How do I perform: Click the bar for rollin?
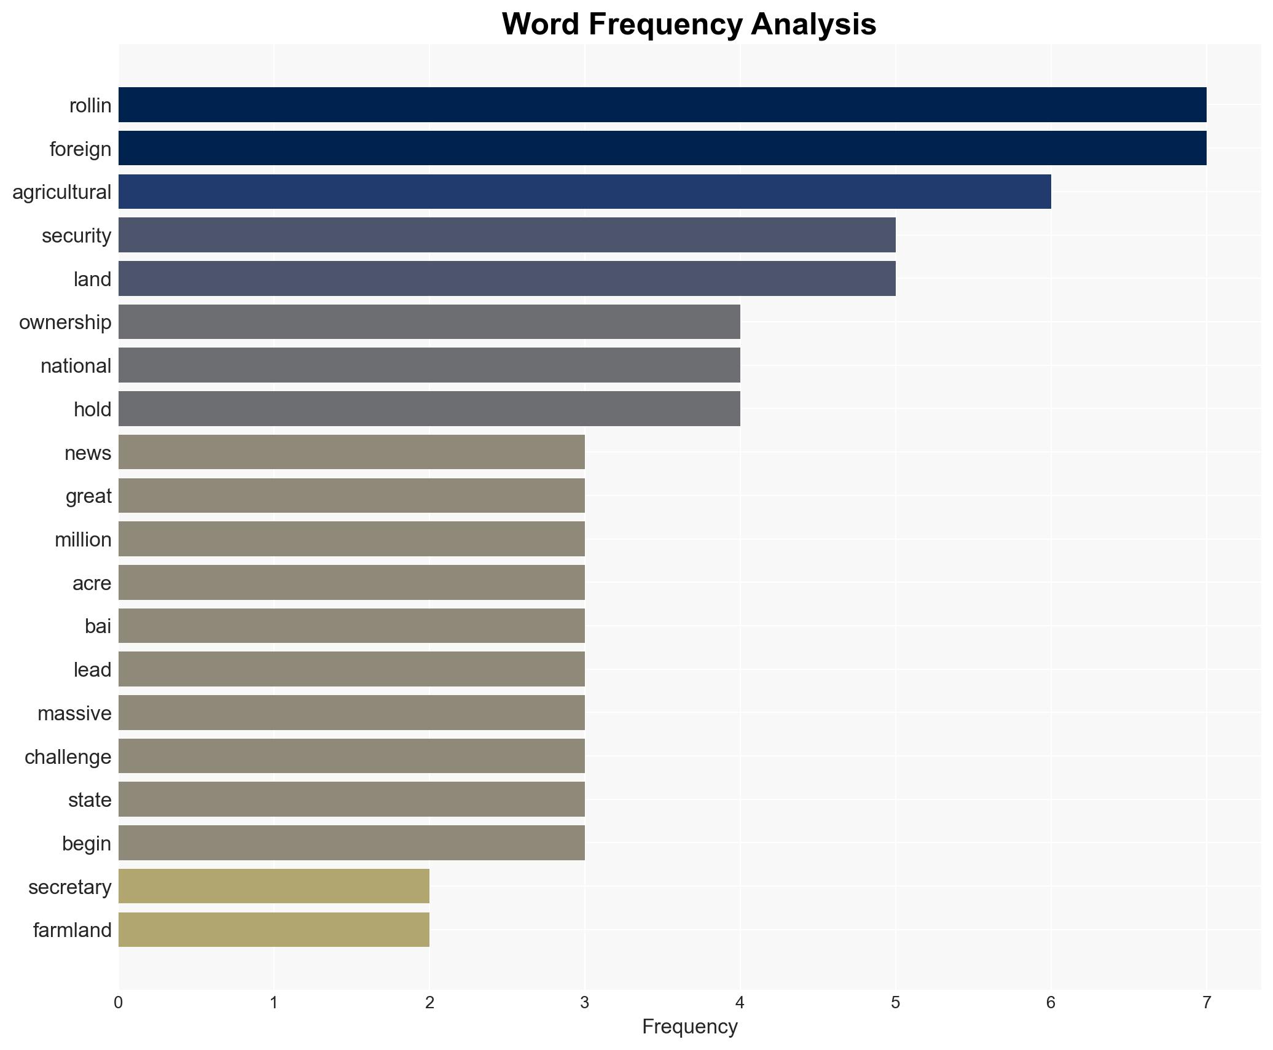(662, 105)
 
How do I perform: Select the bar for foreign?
(662, 149)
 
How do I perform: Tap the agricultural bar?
(584, 192)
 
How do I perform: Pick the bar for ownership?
(429, 322)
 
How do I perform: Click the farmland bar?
(273, 930)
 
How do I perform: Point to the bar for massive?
(351, 713)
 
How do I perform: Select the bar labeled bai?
(351, 626)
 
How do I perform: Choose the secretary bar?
(273, 886)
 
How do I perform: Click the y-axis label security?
(76, 236)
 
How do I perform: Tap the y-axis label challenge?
(68, 757)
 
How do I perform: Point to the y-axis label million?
(83, 540)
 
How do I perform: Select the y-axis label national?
(76, 366)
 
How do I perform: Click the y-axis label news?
(88, 453)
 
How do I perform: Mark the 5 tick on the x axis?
(895, 1003)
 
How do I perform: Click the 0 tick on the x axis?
(119, 1003)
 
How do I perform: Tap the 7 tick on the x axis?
(1206, 1003)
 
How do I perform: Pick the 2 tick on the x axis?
(429, 1003)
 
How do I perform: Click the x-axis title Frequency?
(689, 1027)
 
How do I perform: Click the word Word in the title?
(541, 25)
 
